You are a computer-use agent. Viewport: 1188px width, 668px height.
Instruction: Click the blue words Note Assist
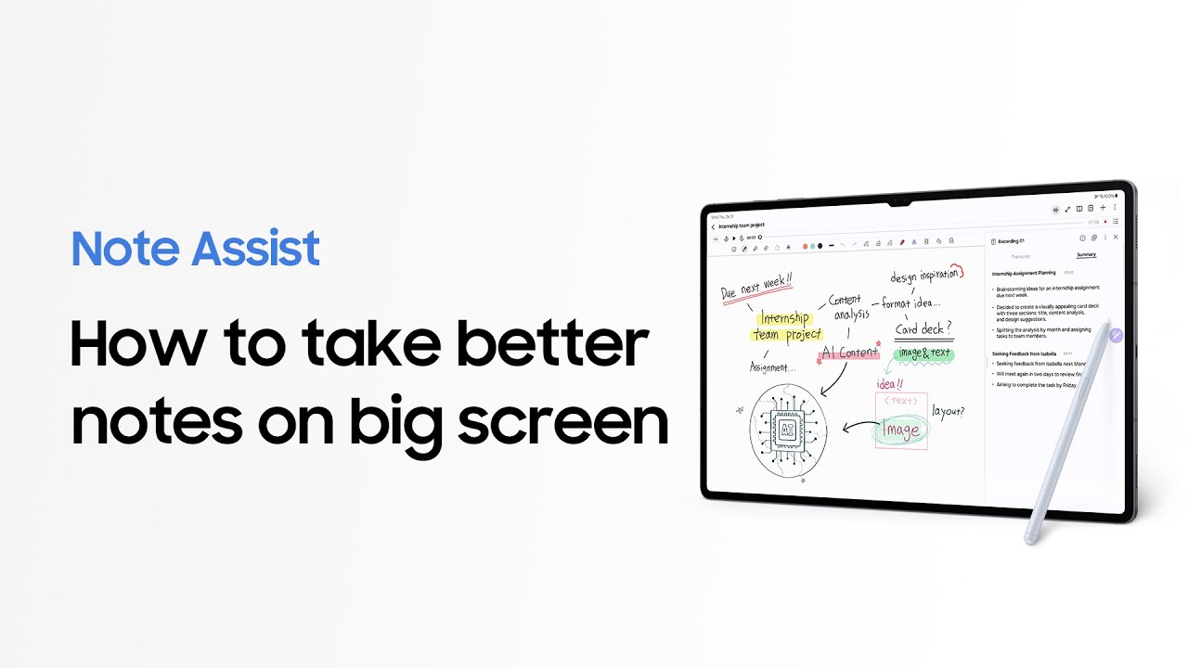pos(195,249)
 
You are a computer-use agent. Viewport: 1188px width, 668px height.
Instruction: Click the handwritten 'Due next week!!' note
pos(757,288)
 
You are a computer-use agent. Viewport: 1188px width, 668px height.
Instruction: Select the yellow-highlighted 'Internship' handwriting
pos(785,318)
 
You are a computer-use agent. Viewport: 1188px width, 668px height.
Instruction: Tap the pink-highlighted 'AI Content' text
pos(849,353)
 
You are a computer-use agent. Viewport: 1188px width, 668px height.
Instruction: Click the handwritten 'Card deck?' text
pos(923,328)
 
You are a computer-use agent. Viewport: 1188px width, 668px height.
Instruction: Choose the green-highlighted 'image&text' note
pos(923,353)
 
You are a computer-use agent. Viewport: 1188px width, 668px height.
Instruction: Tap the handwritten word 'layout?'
pos(948,411)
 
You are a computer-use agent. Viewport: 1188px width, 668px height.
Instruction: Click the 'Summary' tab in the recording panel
pos(1086,255)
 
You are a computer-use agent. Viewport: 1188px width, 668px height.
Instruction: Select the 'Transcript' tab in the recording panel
pos(1021,255)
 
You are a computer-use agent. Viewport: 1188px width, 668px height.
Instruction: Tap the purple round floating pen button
pos(1116,335)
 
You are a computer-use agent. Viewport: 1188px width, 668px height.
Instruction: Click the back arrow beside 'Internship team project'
pos(713,226)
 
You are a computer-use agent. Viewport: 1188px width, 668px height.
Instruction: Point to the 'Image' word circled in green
pos(901,430)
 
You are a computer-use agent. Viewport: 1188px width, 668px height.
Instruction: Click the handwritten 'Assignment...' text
pos(773,367)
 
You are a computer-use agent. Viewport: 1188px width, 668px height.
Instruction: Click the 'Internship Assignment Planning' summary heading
pos(1024,274)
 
